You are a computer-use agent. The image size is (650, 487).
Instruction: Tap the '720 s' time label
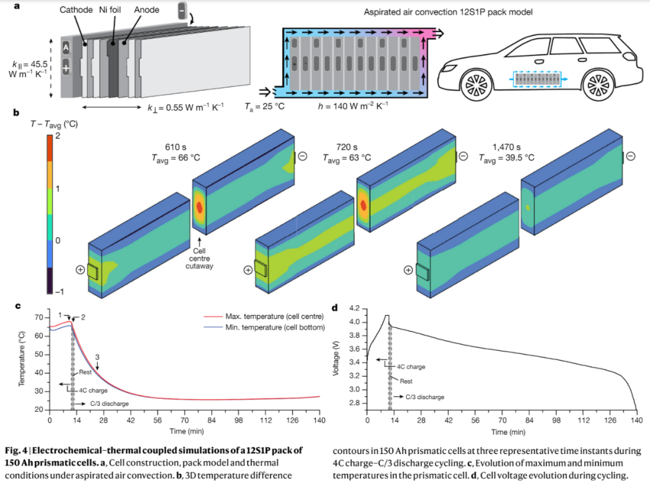[x=345, y=146]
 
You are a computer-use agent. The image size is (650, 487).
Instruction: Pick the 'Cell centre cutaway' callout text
[x=199, y=258]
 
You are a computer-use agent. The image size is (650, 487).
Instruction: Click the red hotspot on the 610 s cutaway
[x=199, y=208]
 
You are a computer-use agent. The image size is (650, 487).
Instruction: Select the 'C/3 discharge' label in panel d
[x=424, y=397]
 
